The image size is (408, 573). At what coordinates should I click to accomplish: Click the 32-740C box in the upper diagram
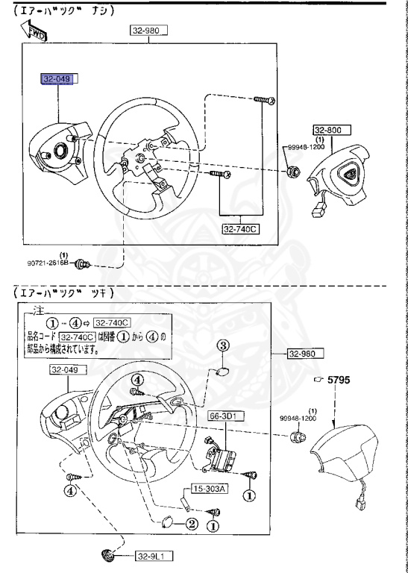(x=239, y=229)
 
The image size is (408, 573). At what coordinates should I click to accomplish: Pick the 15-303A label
(x=209, y=489)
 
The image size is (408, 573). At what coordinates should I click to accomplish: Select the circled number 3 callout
(x=222, y=345)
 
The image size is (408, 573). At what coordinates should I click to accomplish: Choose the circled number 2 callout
(x=191, y=523)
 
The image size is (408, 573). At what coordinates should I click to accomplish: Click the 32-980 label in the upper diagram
(x=149, y=30)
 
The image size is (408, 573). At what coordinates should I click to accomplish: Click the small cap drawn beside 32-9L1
(x=109, y=556)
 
